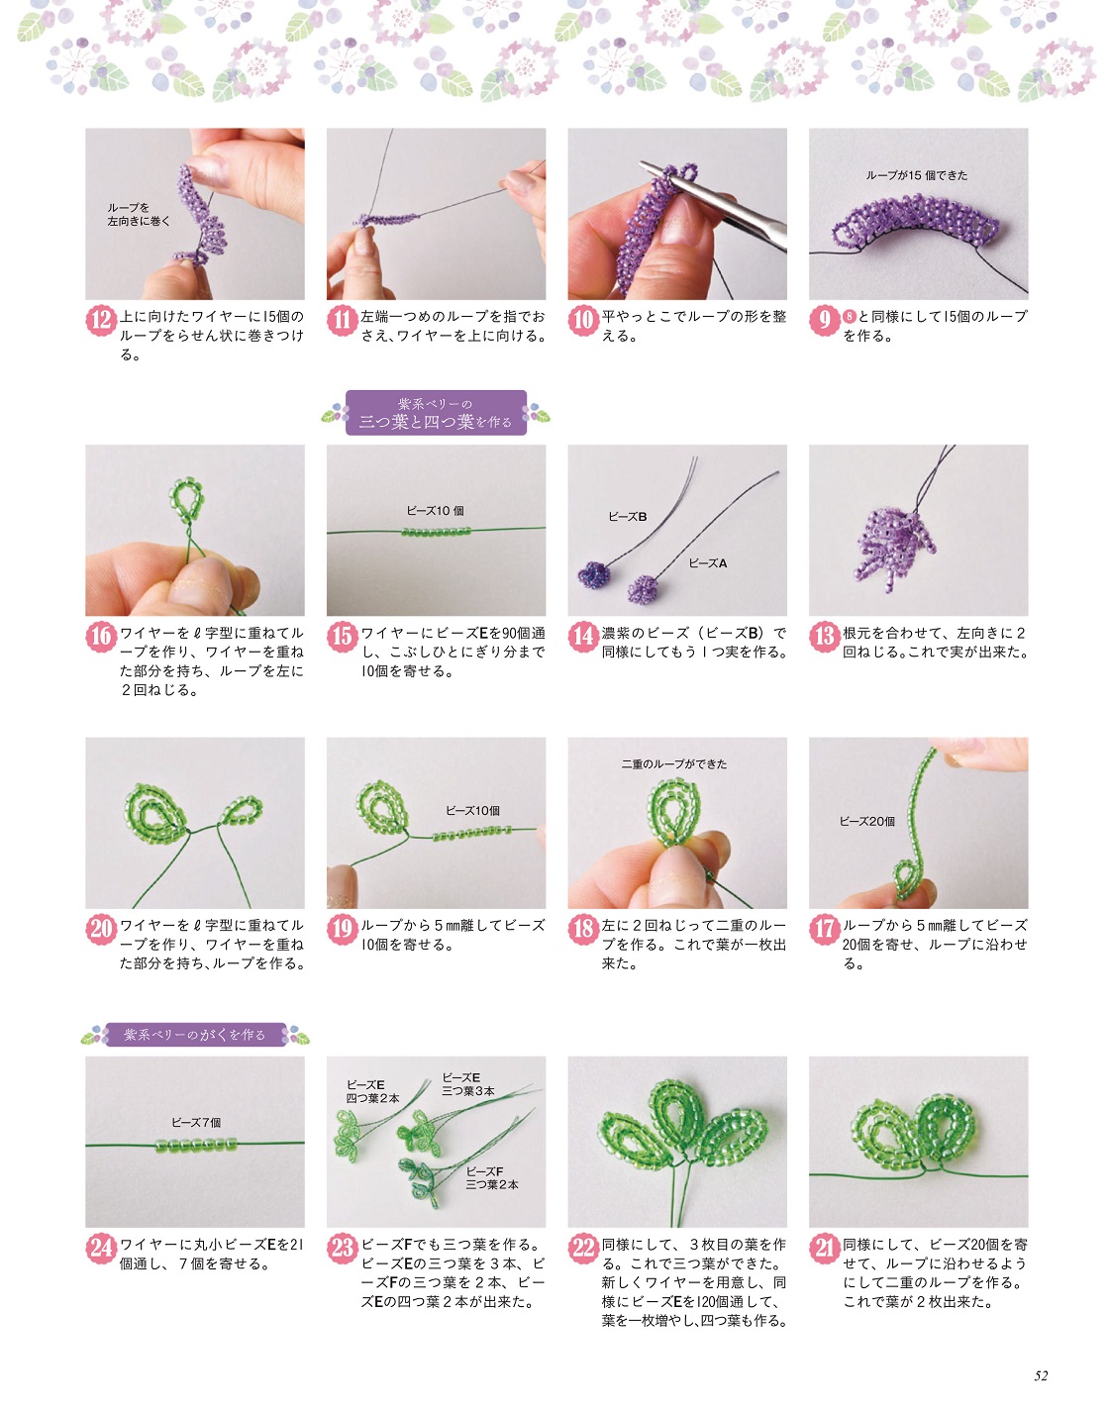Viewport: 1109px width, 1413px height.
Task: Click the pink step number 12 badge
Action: pyautogui.click(x=101, y=321)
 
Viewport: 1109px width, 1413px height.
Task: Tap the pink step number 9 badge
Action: pyautogui.click(x=824, y=321)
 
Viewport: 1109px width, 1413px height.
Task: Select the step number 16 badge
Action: pyautogui.click(x=101, y=637)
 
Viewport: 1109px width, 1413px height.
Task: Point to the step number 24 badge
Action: pyautogui.click(x=101, y=1249)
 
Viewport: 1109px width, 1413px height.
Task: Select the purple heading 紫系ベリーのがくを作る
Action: pyautogui.click(x=195, y=1035)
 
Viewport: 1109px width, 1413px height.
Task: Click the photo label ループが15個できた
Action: pyautogui.click(x=917, y=175)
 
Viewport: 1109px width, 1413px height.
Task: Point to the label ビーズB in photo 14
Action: pyautogui.click(x=628, y=517)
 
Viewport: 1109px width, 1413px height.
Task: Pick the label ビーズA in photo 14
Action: pyautogui.click(x=707, y=563)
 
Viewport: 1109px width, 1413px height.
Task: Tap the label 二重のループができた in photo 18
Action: pyautogui.click(x=674, y=764)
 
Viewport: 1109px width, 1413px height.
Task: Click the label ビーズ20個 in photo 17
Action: pyautogui.click(x=866, y=822)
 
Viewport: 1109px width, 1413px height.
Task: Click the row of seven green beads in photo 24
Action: pyautogui.click(x=196, y=1145)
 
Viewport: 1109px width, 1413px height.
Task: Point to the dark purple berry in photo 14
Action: pyautogui.click(x=592, y=575)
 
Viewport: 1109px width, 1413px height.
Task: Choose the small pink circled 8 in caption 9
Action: pyautogui.click(x=849, y=317)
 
